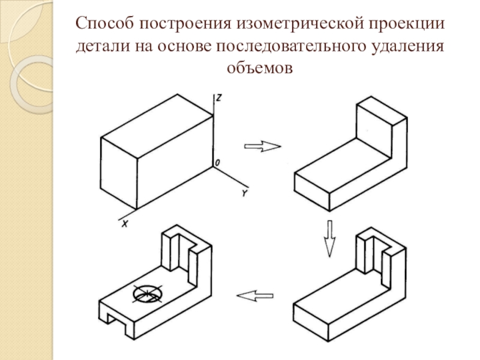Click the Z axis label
(x=218, y=98)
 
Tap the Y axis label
(x=245, y=193)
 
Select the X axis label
(x=125, y=224)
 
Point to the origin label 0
(x=217, y=163)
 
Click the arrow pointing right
(x=262, y=146)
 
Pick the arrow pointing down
(x=329, y=238)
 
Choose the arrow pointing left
(x=255, y=296)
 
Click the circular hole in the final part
(x=148, y=294)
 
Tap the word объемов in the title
(x=260, y=68)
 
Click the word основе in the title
(x=184, y=47)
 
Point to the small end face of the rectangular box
(x=119, y=173)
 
